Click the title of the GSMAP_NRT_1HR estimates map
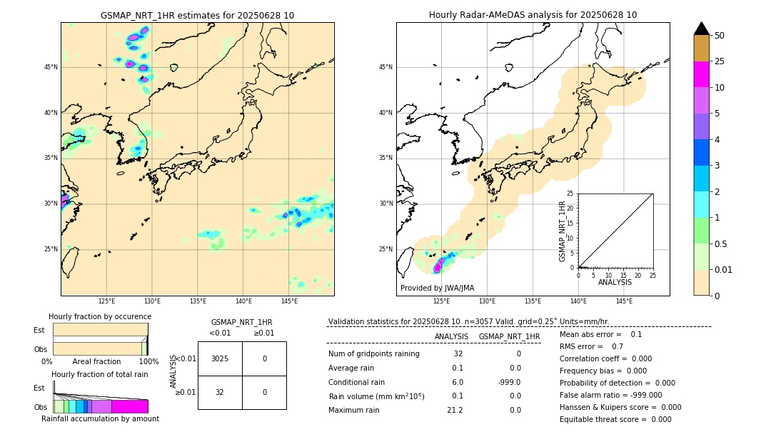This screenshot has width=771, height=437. [x=197, y=15]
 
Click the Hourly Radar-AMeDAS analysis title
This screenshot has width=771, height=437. [x=533, y=15]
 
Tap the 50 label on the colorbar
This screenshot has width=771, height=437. [x=720, y=36]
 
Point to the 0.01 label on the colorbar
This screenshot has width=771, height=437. [x=724, y=270]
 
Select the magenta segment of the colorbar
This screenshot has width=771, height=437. [x=702, y=75]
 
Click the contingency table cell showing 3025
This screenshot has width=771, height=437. [x=220, y=358]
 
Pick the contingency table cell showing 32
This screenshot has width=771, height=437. [x=220, y=392]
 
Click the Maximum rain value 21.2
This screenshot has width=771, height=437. [x=455, y=411]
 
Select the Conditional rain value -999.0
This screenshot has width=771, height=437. [x=510, y=382]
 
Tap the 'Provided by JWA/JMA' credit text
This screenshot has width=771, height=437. [x=437, y=288]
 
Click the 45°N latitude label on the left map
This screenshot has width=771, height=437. [x=51, y=67]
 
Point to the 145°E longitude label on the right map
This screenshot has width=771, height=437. [x=624, y=301]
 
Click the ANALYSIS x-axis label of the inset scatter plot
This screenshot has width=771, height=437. [x=615, y=282]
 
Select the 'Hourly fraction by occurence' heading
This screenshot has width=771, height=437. [x=100, y=316]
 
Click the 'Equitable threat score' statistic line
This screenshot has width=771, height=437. [x=615, y=419]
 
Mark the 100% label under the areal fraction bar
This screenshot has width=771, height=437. [x=148, y=362]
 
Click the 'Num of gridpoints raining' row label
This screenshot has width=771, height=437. [x=374, y=354]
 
